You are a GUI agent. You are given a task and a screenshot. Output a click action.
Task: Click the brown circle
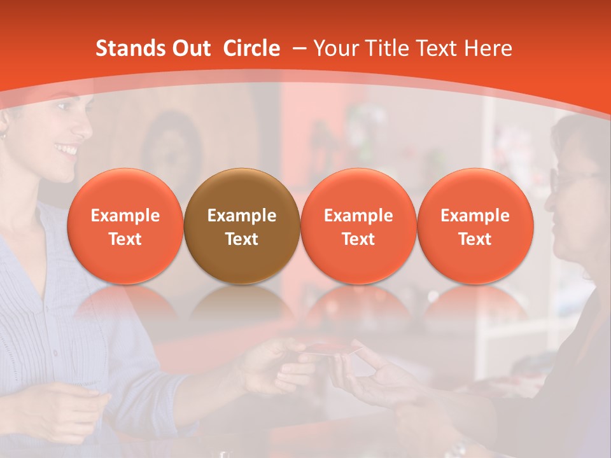pyautogui.click(x=242, y=226)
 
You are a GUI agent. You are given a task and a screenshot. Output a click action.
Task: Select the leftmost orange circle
pyautogui.click(x=125, y=226)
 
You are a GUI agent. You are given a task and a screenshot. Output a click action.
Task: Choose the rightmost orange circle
pyautogui.click(x=475, y=226)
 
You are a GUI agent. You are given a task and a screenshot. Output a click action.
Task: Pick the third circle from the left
pyautogui.click(x=358, y=226)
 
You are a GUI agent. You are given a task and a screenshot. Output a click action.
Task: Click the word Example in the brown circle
pyautogui.click(x=242, y=216)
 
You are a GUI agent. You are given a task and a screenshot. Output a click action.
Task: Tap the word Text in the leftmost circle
pyautogui.click(x=125, y=239)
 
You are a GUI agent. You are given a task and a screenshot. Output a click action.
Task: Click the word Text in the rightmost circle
pyautogui.click(x=475, y=239)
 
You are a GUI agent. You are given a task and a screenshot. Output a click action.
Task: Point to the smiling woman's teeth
pyautogui.click(x=66, y=149)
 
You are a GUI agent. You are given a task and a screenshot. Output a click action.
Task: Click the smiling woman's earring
pyautogui.click(x=3, y=136)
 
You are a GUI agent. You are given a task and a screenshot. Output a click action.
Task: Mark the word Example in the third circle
pyautogui.click(x=358, y=216)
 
